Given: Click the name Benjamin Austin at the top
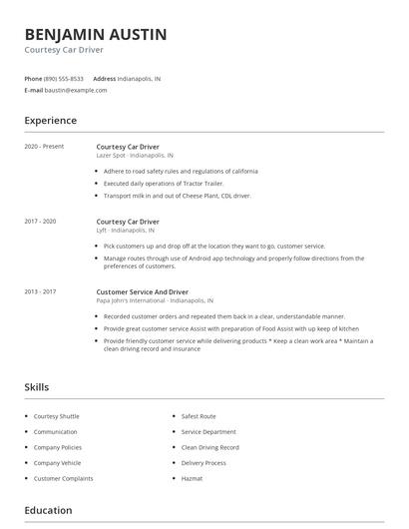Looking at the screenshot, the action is click(x=96, y=35).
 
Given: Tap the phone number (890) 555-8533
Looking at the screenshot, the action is click(x=65, y=78).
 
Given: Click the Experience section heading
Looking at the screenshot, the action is click(x=50, y=121).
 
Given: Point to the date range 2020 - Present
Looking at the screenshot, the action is click(x=44, y=147).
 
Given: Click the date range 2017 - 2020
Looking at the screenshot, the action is click(x=40, y=221).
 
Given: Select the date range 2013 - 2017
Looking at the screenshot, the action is click(x=40, y=291).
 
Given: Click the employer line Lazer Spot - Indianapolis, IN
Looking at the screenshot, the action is click(x=135, y=156).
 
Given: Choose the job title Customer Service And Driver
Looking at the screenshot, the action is click(x=142, y=291).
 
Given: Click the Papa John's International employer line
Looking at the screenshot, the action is click(x=155, y=300).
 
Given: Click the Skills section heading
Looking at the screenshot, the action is click(x=37, y=386).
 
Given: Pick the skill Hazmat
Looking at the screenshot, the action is click(x=192, y=478).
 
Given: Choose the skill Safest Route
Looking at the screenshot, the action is click(x=199, y=416).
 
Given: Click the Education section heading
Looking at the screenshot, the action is click(x=48, y=510).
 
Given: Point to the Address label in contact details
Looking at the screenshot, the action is click(x=104, y=78).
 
